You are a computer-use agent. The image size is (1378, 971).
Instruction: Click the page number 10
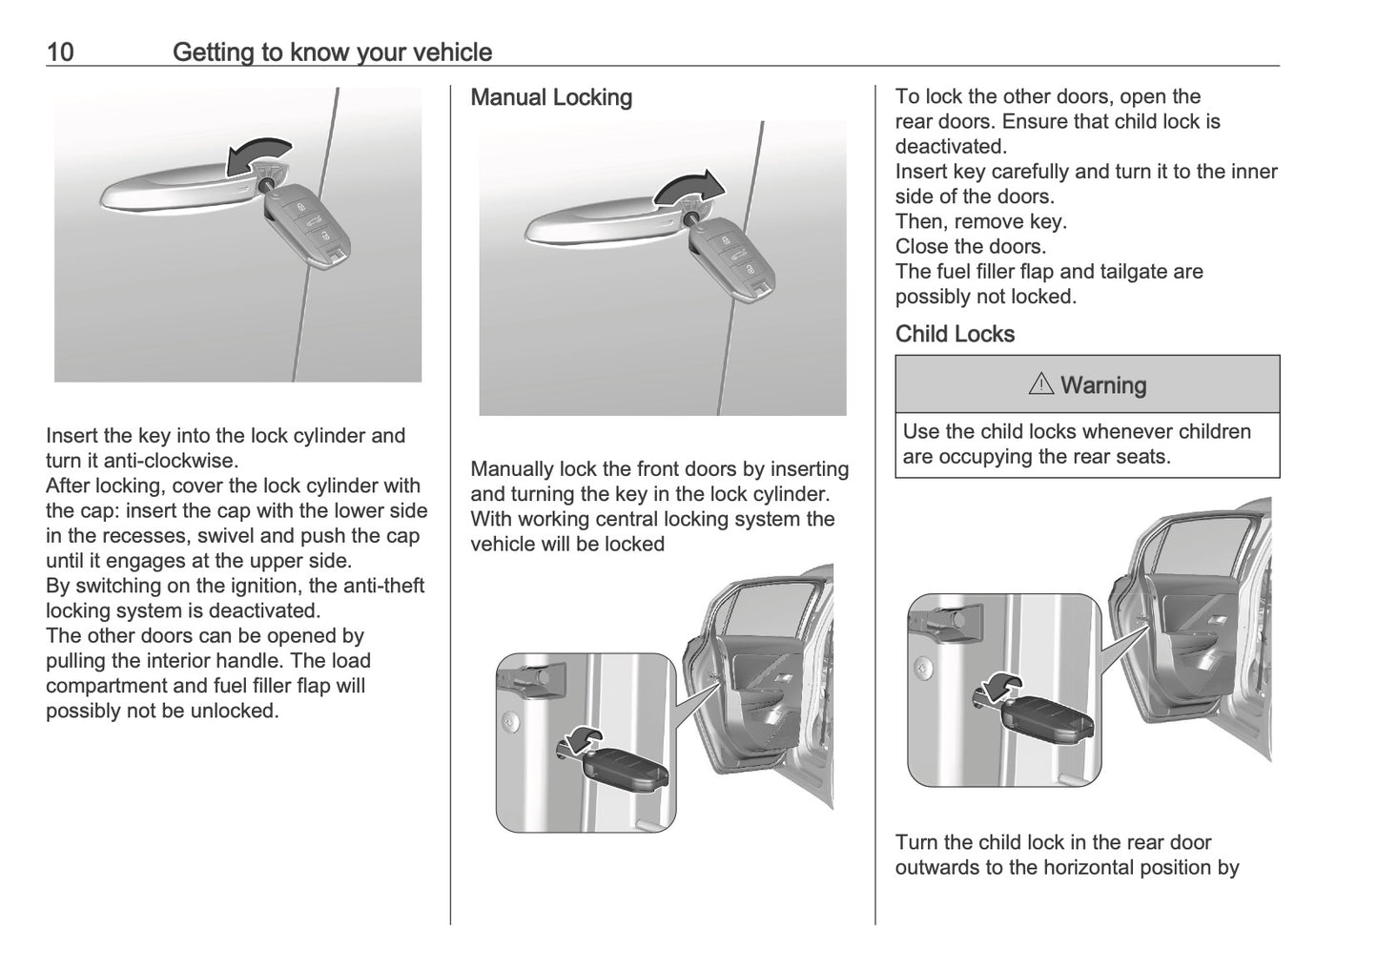60,52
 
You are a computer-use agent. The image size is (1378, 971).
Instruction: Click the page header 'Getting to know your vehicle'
332,52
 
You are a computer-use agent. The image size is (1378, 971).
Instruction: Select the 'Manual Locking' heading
551,97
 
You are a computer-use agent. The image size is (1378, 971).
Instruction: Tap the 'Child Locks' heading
955,334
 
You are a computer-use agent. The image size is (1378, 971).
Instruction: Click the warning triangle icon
1040,385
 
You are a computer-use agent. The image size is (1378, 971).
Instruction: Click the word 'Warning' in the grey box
1103,385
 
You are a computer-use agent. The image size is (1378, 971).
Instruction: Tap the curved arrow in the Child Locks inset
998,683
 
